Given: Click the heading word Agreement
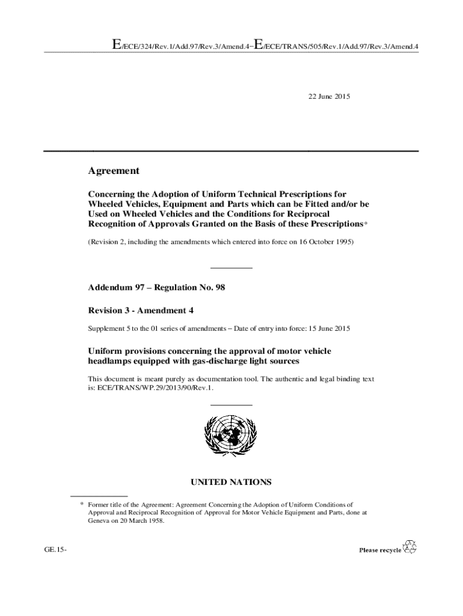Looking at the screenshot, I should [x=114, y=171].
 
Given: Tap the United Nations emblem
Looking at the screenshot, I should [x=231, y=437].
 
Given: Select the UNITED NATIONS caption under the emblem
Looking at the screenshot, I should [x=231, y=482].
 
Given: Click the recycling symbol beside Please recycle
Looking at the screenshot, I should [x=409, y=547].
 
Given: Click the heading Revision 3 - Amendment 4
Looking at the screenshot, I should [x=141, y=310].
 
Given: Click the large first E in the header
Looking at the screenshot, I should [x=109, y=44].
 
